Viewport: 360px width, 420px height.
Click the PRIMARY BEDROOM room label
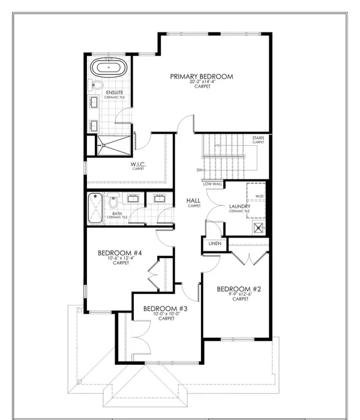[201, 76]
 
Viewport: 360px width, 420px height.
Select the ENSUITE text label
[115, 92]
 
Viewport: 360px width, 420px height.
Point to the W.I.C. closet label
[139, 164]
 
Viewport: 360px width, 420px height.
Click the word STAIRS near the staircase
[258, 138]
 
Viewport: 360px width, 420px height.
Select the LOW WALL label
[213, 184]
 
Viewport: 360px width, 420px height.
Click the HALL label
[193, 201]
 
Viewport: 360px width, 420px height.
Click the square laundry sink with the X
[259, 227]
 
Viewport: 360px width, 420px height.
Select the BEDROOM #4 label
[120, 253]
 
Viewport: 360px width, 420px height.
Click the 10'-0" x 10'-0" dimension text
[166, 314]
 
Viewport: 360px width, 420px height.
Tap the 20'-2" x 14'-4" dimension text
[201, 84]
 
